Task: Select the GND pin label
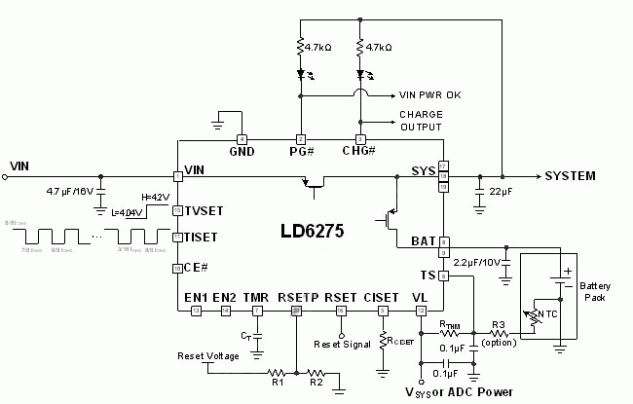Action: [242, 153]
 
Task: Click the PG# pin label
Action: [302, 153]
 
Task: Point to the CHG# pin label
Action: [360, 153]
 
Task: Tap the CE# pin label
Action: [197, 268]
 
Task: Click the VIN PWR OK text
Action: [429, 96]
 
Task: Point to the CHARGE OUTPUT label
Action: [420, 121]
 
